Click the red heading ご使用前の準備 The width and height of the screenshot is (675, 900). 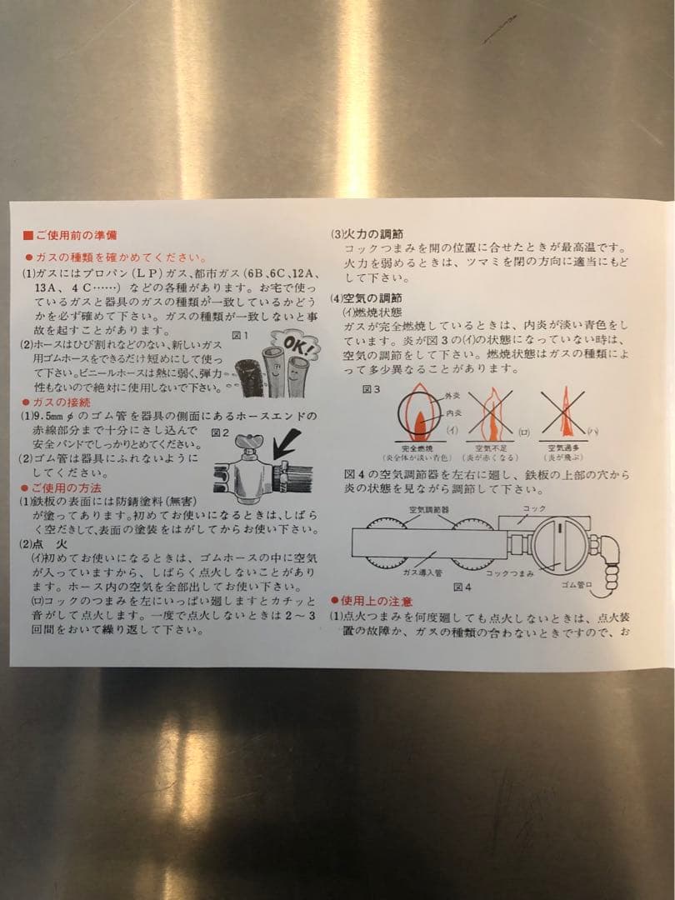tap(75, 236)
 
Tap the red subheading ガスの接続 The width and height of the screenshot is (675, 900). tap(62, 402)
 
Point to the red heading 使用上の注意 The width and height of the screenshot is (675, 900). tap(376, 600)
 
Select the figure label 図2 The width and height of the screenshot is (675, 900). tap(219, 432)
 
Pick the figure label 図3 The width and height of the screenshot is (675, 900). tap(372, 388)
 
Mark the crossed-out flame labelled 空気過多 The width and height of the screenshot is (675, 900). tap(565, 415)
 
